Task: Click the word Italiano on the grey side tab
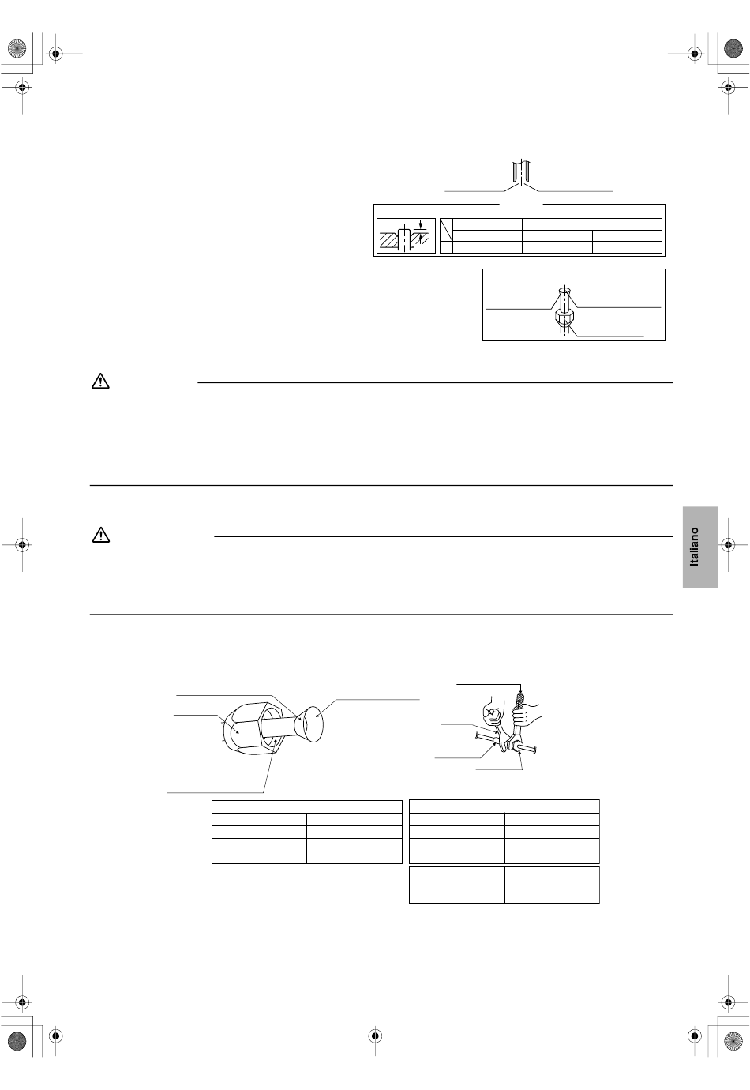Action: [694, 547]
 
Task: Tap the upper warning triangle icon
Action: [101, 381]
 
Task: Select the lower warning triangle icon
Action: [101, 535]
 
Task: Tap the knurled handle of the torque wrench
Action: [520, 703]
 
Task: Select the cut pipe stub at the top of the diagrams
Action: [521, 171]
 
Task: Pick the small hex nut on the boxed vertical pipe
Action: [564, 318]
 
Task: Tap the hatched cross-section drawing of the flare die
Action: [406, 236]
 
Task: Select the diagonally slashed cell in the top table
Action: [446, 230]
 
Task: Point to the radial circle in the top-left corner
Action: [17, 49]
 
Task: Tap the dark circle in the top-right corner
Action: [733, 49]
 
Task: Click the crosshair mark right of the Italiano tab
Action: [728, 544]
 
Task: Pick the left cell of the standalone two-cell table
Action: [457, 885]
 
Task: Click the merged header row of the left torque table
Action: [307, 806]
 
